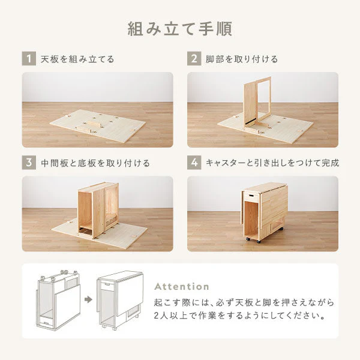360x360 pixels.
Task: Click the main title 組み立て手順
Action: pyautogui.click(x=180, y=29)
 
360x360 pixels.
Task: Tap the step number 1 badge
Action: pyautogui.click(x=29, y=59)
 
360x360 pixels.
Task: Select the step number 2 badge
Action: pyautogui.click(x=194, y=59)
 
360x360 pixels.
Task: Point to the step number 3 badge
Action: pyautogui.click(x=29, y=163)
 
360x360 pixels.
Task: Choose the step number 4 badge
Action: pyautogui.click(x=194, y=163)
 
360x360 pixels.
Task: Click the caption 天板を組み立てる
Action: pyautogui.click(x=77, y=59)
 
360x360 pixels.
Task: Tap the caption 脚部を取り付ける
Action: pyautogui.click(x=242, y=59)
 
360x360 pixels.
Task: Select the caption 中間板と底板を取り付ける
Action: pyautogui.click(x=95, y=163)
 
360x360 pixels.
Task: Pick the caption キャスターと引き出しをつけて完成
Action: pyautogui.click(x=272, y=163)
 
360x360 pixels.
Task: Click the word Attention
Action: pyautogui.click(x=182, y=287)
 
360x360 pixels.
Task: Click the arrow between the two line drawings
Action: pyautogui.click(x=88, y=299)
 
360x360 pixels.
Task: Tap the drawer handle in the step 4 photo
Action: pyautogui.click(x=250, y=196)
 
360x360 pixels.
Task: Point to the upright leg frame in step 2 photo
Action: pyautogui.click(x=257, y=101)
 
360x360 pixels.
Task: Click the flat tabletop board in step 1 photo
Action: pyautogui.click(x=98, y=125)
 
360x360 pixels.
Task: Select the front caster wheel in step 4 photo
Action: pyautogui.click(x=259, y=241)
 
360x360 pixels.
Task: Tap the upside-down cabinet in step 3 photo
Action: pyautogui.click(x=98, y=210)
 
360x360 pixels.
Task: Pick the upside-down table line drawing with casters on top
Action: pyautogui.click(x=58, y=300)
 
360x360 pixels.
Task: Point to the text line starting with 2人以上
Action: pyautogui.click(x=239, y=316)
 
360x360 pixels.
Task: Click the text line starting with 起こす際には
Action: pyautogui.click(x=244, y=302)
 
